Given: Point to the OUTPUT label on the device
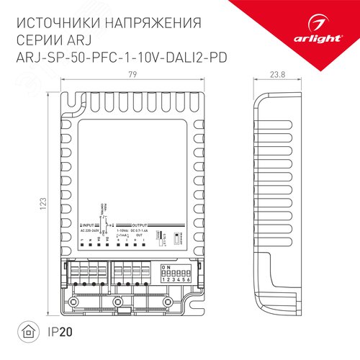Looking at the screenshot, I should coord(140,225).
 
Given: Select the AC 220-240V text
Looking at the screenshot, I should coord(89,230).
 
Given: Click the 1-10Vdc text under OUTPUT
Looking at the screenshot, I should coord(123,230).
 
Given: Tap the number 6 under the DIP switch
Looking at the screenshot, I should coord(189,279).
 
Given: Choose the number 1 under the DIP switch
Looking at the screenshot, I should coord(163,279).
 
